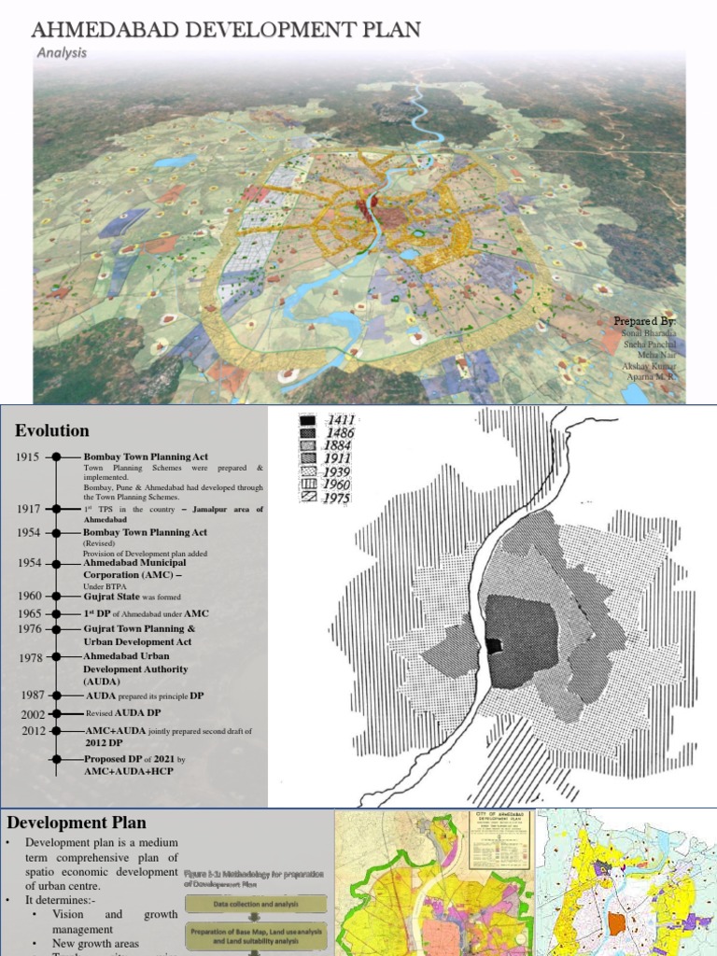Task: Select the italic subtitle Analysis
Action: click(x=62, y=53)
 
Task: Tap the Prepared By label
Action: click(x=644, y=321)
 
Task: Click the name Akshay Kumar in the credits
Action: click(x=649, y=367)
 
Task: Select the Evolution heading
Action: click(x=52, y=430)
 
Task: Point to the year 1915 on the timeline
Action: click(x=29, y=457)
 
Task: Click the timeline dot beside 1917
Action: click(x=56, y=509)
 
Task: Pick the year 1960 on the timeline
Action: click(x=29, y=596)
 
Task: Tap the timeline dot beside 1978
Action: click(x=56, y=657)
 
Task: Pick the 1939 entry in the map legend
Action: click(x=339, y=472)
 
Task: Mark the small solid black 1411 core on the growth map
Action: click(x=494, y=646)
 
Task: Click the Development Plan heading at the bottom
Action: click(x=77, y=822)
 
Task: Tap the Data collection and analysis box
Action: click(x=256, y=904)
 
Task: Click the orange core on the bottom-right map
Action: click(x=615, y=925)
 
